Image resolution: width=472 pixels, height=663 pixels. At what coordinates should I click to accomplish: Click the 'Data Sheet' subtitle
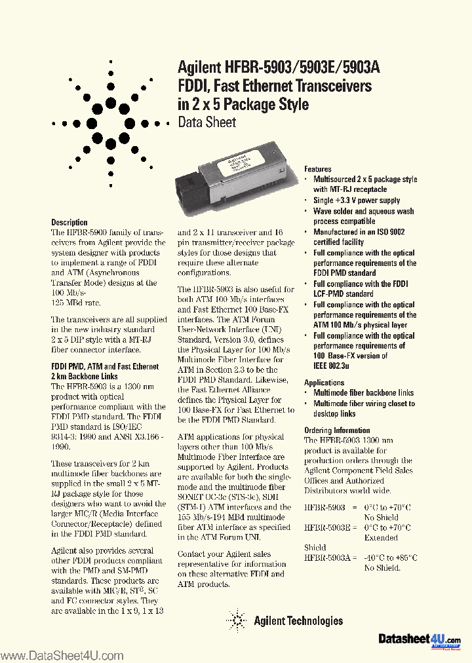tap(206, 123)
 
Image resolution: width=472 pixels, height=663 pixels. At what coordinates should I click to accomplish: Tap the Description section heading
tap(69, 222)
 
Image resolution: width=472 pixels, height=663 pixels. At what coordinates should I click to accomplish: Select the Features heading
tap(318, 169)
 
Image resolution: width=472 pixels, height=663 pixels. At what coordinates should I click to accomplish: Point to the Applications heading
tap(324, 383)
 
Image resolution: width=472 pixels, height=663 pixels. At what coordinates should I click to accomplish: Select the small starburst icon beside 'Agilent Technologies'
tap(235, 619)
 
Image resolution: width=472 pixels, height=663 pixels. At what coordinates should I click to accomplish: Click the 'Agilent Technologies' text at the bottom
tap(296, 620)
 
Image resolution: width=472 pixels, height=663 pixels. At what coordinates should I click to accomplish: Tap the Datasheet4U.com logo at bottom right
tap(420, 639)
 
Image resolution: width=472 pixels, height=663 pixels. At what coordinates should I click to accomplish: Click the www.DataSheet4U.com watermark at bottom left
tap(62, 656)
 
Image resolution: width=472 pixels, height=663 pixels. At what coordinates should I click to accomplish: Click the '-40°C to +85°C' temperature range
tap(391, 558)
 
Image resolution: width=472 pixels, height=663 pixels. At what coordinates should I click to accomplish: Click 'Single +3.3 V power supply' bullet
tap(356, 200)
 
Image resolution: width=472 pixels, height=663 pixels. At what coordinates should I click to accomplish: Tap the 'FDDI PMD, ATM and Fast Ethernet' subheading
tap(105, 367)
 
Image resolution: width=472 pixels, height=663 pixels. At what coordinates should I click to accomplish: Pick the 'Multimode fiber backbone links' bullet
tap(363, 393)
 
